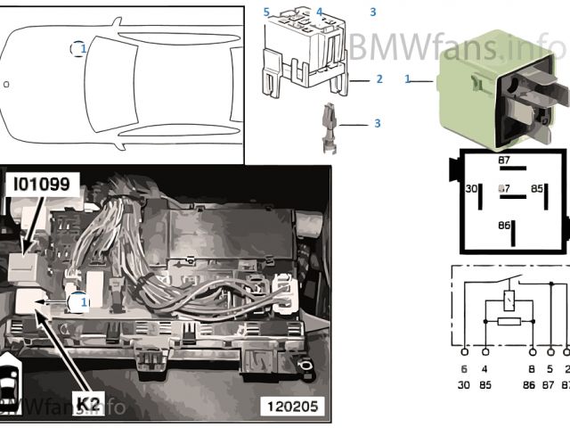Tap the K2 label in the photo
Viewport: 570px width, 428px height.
click(x=86, y=403)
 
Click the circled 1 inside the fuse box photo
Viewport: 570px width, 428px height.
click(x=82, y=302)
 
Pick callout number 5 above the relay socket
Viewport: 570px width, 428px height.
click(x=265, y=12)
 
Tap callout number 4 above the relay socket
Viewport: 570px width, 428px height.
click(x=319, y=12)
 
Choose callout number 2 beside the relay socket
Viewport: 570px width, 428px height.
click(x=379, y=79)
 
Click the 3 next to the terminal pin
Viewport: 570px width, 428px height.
click(x=377, y=123)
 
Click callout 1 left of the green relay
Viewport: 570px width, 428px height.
click(x=408, y=79)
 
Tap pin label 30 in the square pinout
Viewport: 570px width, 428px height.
click(x=473, y=189)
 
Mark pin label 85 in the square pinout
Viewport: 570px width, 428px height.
click(x=537, y=189)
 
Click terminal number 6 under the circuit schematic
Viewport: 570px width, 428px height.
click(x=464, y=367)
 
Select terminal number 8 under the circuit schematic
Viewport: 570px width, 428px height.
click(x=531, y=367)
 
